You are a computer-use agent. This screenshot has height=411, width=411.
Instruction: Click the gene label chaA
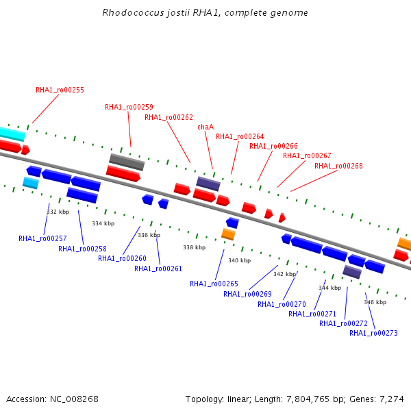coord(206,127)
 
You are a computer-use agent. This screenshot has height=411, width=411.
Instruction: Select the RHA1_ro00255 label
coord(60,90)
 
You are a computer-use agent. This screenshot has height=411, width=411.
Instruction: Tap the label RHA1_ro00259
coord(129,108)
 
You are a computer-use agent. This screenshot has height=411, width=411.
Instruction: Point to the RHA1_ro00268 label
coord(338,166)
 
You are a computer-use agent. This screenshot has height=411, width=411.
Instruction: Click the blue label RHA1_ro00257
coord(42,239)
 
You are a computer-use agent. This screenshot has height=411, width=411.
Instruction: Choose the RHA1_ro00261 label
coord(158,269)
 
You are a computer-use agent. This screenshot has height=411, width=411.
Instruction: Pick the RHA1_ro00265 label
coord(214,284)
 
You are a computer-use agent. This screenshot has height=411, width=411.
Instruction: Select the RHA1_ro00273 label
coord(373,333)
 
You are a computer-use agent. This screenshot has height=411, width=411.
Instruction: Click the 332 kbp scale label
coord(58,212)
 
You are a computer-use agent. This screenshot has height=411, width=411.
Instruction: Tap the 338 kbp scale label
coord(195,247)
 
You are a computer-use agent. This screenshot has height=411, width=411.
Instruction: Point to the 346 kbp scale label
coord(375,302)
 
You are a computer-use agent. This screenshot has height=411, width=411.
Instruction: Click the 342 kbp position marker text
coord(285,274)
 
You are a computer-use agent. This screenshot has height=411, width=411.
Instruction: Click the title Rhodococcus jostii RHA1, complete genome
coord(206,13)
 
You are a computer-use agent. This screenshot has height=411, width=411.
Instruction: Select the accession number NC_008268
coord(74,399)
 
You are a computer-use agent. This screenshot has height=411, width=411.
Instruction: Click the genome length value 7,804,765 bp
coord(312,399)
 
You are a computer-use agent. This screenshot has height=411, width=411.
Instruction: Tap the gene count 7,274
coord(392,399)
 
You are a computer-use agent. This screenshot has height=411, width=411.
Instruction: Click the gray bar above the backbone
coord(127,162)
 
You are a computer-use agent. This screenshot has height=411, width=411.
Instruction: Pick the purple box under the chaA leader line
coord(208,184)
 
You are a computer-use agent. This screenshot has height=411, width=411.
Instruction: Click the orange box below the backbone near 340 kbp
coord(228,234)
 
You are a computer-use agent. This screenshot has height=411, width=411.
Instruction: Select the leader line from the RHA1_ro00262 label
coord(179,142)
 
